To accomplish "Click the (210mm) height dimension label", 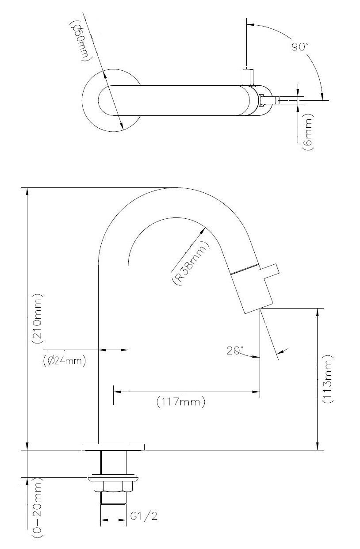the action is (38, 318).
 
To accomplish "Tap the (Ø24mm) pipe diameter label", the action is (64, 361).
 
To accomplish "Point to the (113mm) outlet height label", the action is (327, 379).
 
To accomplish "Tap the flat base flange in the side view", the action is (113, 447).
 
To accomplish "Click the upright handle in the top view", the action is (248, 77).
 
